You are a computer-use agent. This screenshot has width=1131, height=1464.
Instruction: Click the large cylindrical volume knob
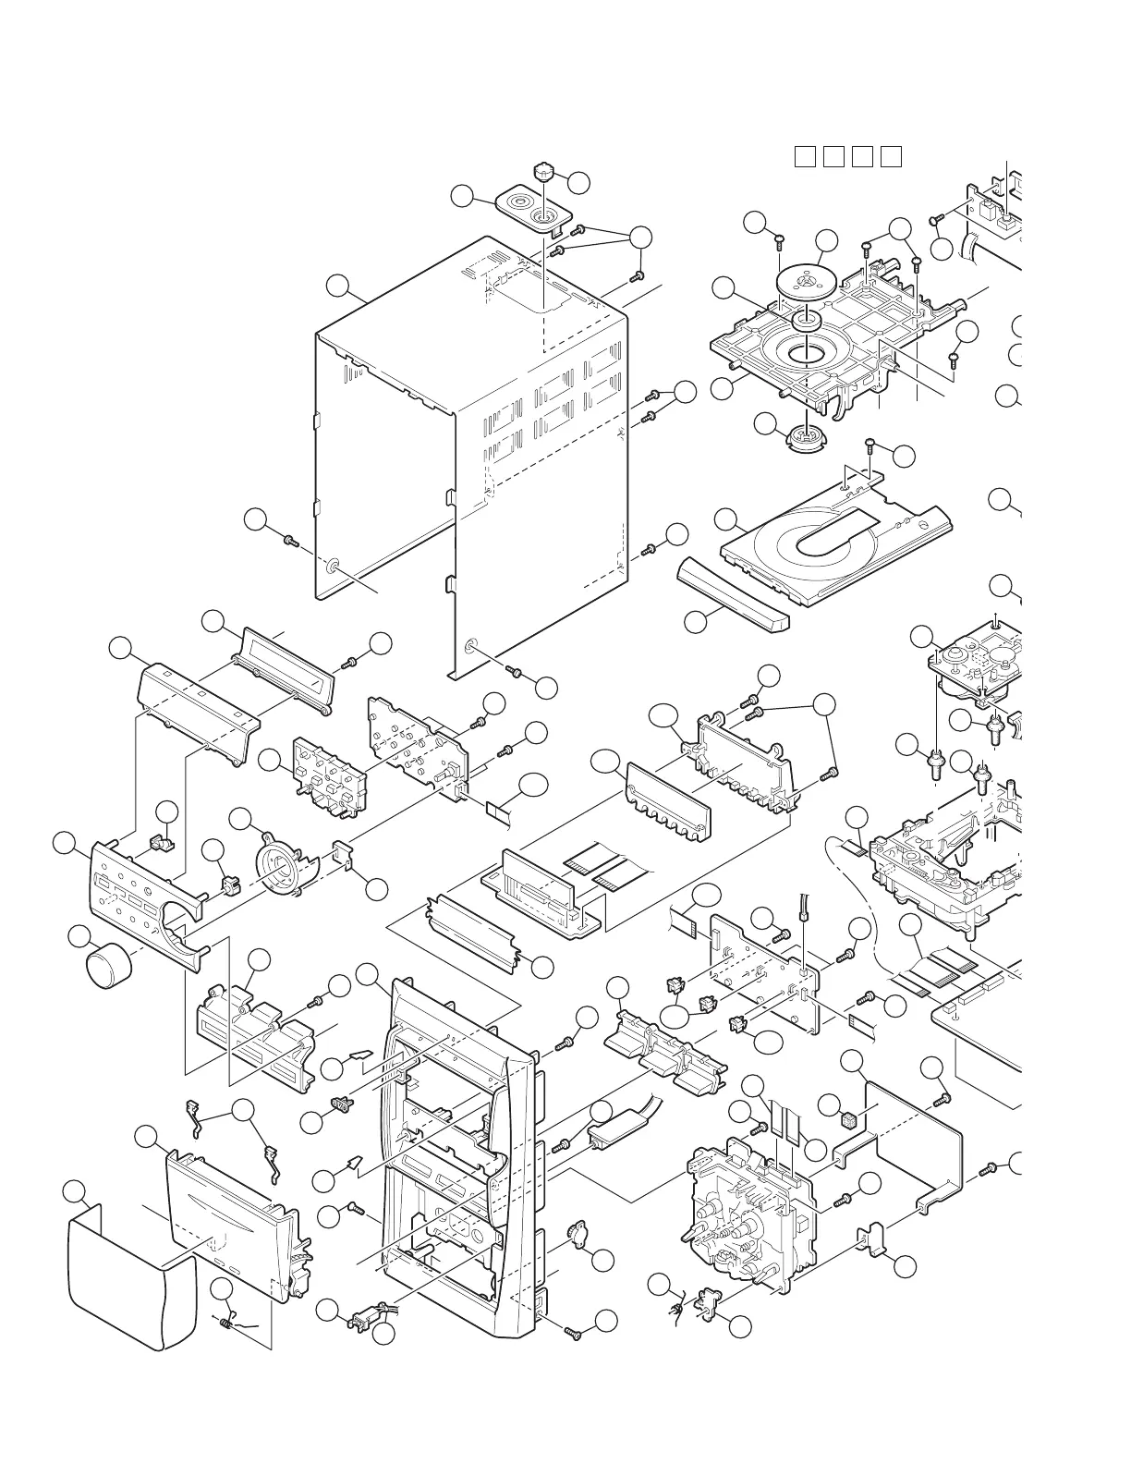[109, 967]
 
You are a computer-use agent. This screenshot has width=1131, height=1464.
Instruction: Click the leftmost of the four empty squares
[804, 156]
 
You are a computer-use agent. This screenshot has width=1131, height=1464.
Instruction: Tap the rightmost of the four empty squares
[890, 156]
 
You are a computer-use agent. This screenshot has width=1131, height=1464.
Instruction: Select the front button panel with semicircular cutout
[148, 901]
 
